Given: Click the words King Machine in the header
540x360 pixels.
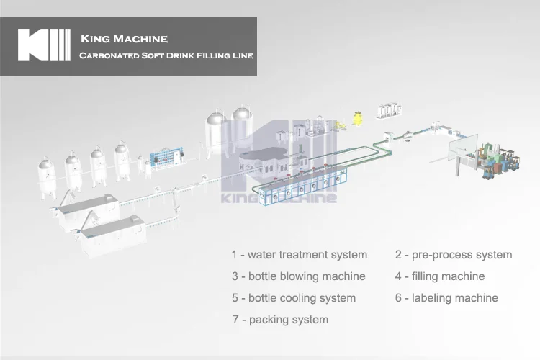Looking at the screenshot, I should pos(124,38).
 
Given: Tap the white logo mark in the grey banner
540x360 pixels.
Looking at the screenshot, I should pos(44,45).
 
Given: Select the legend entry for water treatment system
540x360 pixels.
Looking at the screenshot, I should pos(299,255).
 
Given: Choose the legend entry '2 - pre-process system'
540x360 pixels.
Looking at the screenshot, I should pos(453,255).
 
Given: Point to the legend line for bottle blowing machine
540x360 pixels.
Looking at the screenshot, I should pos(298,276).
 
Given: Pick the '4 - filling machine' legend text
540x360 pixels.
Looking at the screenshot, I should pos(439,276).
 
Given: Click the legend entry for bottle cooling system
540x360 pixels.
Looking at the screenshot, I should pos(293,298).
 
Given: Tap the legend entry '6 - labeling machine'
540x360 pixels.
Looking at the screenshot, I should pos(446,298).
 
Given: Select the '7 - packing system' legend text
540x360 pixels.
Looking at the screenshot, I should pos(279,320).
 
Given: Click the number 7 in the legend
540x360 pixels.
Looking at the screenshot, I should pos(235,320).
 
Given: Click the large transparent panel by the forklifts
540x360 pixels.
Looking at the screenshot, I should pos(465,150).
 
